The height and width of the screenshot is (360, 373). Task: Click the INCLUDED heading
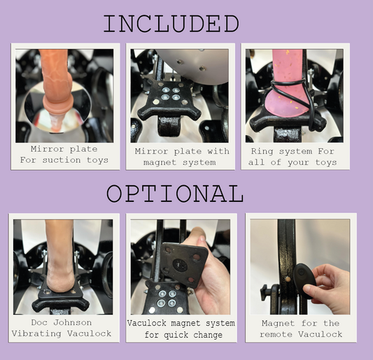[171, 24]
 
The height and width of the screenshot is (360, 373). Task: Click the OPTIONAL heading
[175, 194]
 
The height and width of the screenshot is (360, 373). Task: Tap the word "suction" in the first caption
[62, 160]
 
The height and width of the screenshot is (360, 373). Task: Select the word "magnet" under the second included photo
[160, 163]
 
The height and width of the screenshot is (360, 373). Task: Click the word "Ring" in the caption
[262, 152]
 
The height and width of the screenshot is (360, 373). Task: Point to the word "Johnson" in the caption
[72, 322]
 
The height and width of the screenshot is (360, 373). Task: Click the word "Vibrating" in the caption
[36, 333]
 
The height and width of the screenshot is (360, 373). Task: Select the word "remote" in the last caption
[276, 334]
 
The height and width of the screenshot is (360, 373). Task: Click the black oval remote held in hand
[304, 280]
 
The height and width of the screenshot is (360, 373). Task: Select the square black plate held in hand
[183, 266]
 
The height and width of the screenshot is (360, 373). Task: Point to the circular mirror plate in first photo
[58, 106]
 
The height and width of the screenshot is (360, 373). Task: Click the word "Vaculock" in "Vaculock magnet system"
[146, 323]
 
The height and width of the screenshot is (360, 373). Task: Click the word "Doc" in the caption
[39, 322]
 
